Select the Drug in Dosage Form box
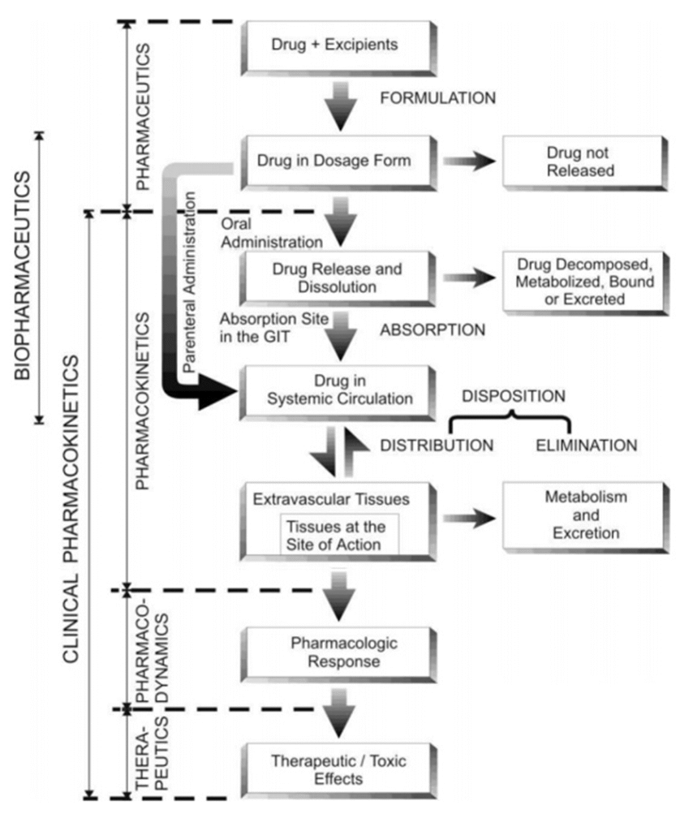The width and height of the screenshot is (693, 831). [x=335, y=161]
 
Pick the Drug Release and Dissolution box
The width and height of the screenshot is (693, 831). [x=335, y=277]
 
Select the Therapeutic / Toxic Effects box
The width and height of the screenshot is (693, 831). [x=335, y=769]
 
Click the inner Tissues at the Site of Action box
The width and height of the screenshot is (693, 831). [x=339, y=534]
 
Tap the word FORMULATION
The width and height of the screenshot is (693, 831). [x=437, y=98]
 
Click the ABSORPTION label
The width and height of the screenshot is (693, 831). [x=433, y=330]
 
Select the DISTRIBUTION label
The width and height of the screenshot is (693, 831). [x=437, y=446]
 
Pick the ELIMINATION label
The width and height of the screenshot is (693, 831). [x=586, y=446]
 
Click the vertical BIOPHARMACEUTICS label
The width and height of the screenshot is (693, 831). [x=24, y=275]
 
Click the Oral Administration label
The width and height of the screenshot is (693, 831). [x=271, y=232]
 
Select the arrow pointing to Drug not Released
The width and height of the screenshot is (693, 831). [x=470, y=161]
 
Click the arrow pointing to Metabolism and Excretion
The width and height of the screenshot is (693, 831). [x=470, y=518]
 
